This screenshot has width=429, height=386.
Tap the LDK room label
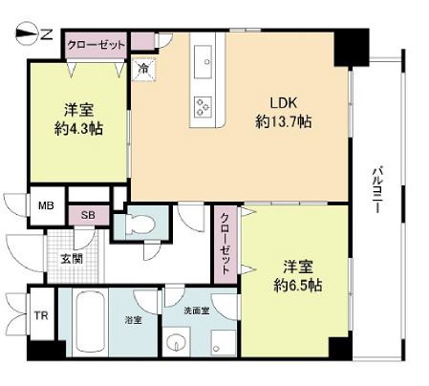(283, 103)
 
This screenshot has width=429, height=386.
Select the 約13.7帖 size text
(283, 121)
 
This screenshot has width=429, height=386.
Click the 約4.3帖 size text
(78, 129)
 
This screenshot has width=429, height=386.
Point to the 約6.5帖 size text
(298, 285)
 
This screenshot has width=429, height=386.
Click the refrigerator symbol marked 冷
(144, 69)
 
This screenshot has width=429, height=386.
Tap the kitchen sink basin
(203, 62)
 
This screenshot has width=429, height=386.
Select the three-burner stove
(203, 106)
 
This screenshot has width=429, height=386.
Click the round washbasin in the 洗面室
(176, 342)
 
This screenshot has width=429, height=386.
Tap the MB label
(46, 205)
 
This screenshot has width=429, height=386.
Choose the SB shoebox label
(88, 215)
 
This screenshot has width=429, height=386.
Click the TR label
(41, 315)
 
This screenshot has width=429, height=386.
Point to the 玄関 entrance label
(72, 259)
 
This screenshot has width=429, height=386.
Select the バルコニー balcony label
(378, 189)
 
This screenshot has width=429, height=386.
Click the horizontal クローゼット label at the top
(96, 45)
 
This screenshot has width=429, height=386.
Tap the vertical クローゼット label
(225, 244)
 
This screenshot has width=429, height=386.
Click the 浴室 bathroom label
(134, 320)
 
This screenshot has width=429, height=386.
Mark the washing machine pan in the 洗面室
(224, 342)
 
